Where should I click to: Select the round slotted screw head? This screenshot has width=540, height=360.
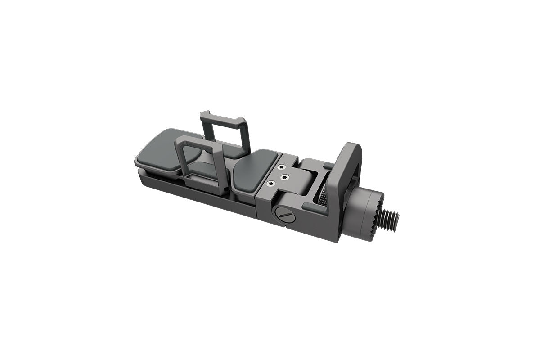[284, 215]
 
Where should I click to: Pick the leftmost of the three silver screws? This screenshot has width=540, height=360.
[270, 183]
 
